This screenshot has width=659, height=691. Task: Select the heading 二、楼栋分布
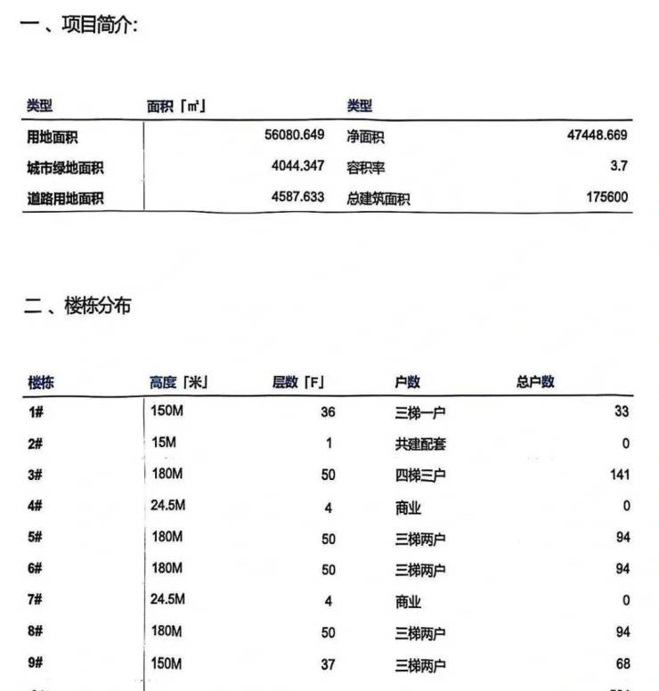pos(77,306)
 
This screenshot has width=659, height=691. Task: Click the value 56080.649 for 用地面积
pos(294,135)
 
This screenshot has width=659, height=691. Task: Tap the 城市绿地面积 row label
pos(65,167)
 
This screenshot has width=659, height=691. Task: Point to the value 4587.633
pos(297,197)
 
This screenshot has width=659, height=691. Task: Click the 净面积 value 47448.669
pos(597,135)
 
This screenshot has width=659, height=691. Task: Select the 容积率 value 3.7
pos(619,167)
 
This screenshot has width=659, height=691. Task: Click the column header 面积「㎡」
pos(177,106)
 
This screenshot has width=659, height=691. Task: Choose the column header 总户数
pos(535,382)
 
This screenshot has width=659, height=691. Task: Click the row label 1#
pos(36,412)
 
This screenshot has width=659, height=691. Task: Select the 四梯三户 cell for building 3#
pos(420,475)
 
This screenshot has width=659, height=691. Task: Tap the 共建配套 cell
pos(420,443)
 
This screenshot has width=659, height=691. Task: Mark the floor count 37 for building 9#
pos(328,664)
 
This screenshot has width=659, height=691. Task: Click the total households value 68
pos(622,663)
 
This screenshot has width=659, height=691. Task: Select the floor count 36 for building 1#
pos(328,412)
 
